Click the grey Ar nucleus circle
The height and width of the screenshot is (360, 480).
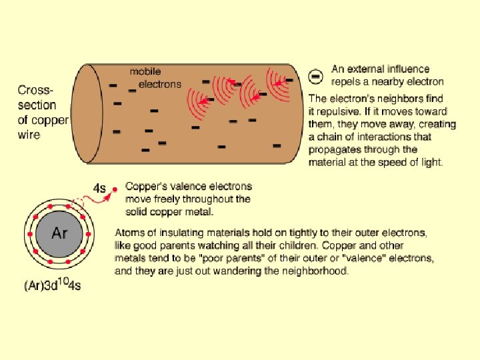(59, 234)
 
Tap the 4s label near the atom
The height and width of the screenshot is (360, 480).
(99, 189)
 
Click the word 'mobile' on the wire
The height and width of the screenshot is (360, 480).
(145, 72)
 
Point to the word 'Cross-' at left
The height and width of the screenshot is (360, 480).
(37, 90)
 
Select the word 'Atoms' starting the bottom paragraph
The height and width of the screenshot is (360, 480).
(130, 233)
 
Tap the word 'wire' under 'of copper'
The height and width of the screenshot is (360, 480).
(29, 134)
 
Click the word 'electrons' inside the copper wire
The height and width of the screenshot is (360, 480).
(159, 84)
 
